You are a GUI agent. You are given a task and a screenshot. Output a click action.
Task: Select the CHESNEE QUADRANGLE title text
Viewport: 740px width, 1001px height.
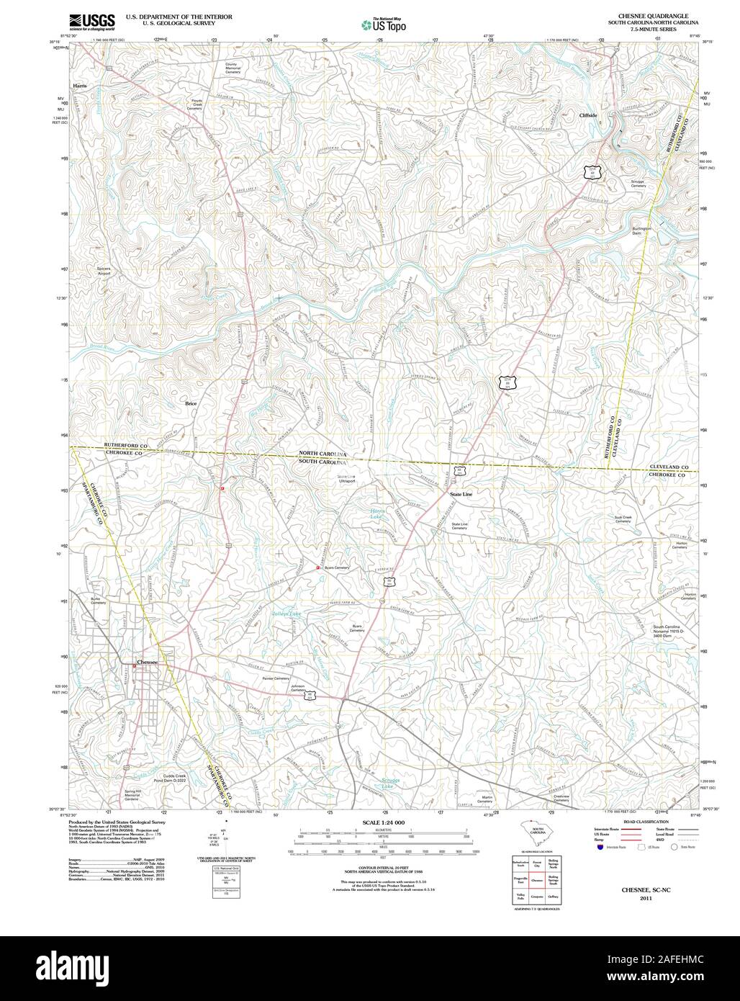tap(648, 15)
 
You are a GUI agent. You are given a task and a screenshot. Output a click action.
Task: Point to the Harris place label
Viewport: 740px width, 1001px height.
tap(79, 86)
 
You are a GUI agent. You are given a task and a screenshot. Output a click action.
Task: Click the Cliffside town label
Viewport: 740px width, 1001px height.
tap(588, 115)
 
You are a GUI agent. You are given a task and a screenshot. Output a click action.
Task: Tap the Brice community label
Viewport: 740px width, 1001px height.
tap(191, 403)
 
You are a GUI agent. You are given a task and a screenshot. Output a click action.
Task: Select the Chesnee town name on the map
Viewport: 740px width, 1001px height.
tap(147, 661)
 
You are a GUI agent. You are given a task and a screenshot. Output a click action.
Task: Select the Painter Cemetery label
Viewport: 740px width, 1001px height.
tap(275, 678)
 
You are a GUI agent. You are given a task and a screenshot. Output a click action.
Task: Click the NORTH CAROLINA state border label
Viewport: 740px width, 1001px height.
tap(323, 454)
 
